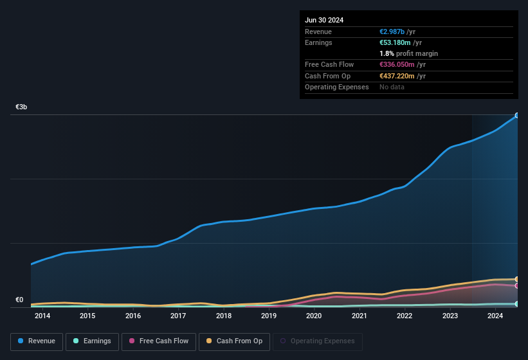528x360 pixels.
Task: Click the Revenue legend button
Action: pos(37,341)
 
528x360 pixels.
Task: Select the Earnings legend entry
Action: pos(92,341)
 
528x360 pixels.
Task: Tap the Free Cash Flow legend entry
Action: pos(159,341)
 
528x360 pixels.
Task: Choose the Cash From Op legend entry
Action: pos(234,341)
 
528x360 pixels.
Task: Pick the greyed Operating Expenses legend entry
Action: pos(317,341)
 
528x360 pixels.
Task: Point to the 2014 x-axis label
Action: pos(42,316)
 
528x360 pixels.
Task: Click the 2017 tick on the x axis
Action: pos(178,316)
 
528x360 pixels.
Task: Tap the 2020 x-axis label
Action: pos(314,316)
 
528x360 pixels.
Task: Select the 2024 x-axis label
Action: pos(495,316)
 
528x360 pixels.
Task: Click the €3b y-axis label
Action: pos(22,107)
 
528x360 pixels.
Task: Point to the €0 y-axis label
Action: pos(19,300)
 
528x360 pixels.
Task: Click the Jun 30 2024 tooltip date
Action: pos(324,20)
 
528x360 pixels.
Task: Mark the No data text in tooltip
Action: pos(392,87)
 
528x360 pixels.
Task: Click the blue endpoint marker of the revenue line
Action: pos(516,116)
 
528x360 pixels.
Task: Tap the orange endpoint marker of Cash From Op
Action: pos(516,279)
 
